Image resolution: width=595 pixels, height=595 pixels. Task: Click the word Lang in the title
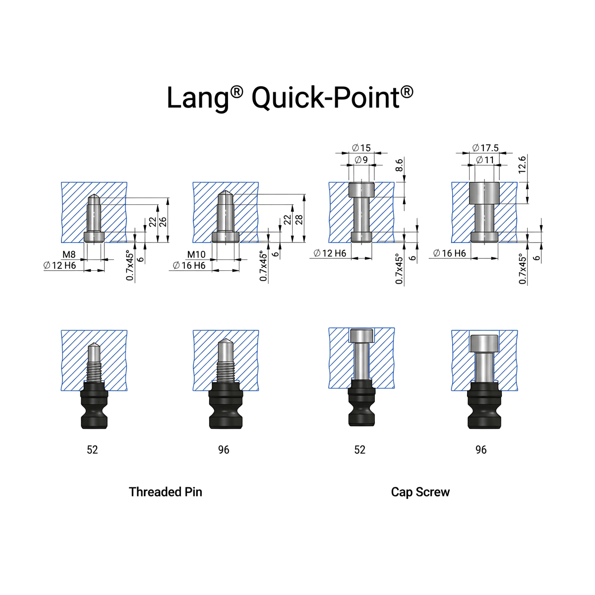(x=197, y=98)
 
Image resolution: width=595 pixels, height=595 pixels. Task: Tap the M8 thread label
(x=69, y=255)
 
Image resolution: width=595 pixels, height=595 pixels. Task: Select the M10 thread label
(x=196, y=255)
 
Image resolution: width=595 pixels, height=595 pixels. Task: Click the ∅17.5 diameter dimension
(x=485, y=148)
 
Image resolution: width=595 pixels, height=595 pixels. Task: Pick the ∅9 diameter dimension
(x=361, y=160)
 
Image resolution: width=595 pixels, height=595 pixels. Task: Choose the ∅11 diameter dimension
(x=485, y=160)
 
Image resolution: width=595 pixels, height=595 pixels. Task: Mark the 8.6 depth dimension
(x=400, y=165)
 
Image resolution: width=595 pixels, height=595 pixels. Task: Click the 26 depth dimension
(x=163, y=221)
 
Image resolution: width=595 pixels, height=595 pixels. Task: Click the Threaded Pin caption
(x=165, y=492)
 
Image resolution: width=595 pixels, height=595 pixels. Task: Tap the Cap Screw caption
(x=420, y=492)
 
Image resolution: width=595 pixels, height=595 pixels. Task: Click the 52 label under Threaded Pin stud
(x=92, y=450)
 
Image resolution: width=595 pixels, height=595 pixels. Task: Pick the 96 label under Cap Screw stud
(x=481, y=450)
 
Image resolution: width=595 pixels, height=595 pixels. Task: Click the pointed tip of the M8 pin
(x=94, y=197)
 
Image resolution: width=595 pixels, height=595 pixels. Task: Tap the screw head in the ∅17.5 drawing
(x=484, y=193)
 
